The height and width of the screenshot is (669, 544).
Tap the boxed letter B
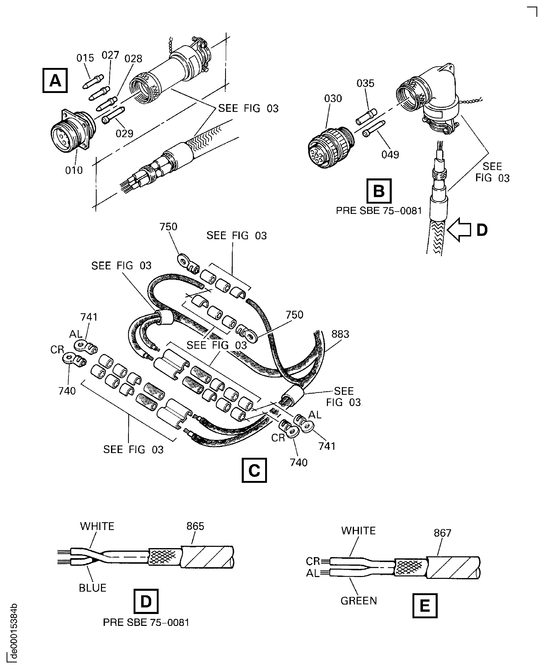coord(379,191)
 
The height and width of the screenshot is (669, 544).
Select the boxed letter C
coord(254,470)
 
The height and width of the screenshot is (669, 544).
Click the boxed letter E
coord(425,606)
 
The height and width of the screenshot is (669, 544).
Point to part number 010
coord(74,170)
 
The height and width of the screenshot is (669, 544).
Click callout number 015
coord(85,58)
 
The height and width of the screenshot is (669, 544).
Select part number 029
coord(124,134)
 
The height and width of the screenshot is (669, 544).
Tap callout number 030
coord(333,99)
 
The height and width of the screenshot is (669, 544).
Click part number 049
coord(390,155)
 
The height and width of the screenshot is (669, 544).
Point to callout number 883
coord(340,334)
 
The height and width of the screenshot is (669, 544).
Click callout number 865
coord(195,526)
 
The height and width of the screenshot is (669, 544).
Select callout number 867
coord(442,533)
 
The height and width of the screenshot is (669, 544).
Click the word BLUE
coord(92,588)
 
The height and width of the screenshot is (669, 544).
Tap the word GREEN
coord(358,601)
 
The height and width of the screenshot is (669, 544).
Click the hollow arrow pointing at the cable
coord(459,230)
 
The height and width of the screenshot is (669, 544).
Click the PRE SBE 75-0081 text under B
coord(379,211)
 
